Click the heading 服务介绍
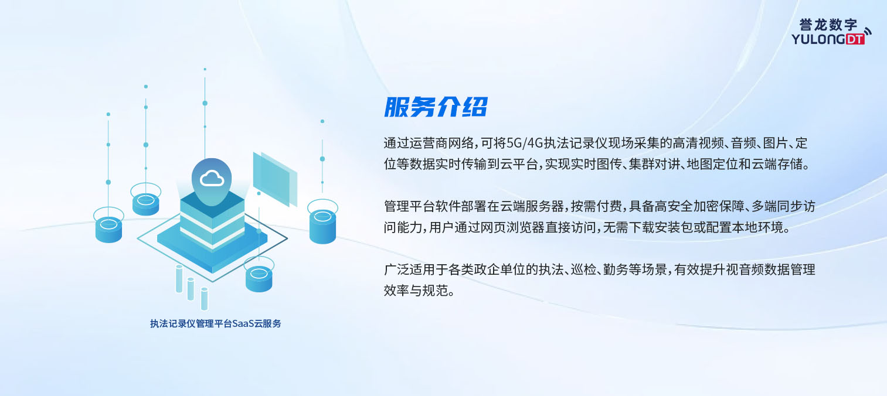436,107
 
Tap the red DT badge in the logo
855,39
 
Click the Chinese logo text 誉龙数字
828,25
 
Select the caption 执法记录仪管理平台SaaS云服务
215,323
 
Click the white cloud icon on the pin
212,179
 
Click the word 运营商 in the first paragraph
428,143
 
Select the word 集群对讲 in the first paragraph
655,164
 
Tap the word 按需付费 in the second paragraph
596,206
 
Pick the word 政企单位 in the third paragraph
499,269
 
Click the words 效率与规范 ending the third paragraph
416,291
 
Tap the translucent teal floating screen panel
275,179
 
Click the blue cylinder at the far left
108,229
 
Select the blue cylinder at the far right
322,226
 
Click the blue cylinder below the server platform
259,279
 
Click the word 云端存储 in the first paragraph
777,164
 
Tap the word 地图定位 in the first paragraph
712,164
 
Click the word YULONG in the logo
818,39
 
